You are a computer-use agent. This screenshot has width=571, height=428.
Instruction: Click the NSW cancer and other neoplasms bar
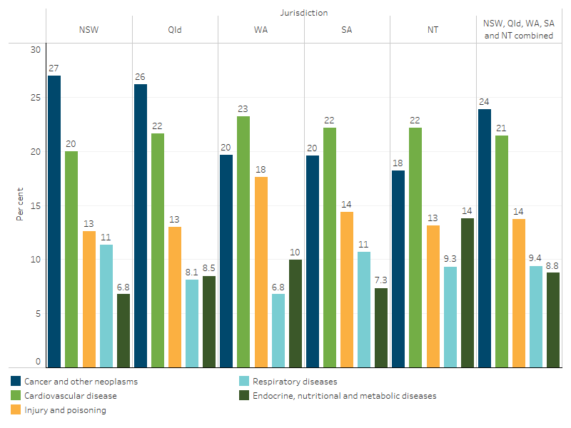coord(54,221)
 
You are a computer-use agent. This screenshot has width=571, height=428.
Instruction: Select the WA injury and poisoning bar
coord(261,272)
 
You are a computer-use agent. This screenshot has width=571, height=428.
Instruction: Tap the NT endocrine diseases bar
coord(467,292)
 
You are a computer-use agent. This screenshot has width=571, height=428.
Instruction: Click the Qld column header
coord(175,30)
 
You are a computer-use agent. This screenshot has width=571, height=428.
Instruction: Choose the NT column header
coord(433,30)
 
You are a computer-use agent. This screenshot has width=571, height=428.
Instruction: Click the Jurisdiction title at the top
coord(304,12)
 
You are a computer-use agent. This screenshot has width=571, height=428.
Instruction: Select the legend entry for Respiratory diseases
coord(292,382)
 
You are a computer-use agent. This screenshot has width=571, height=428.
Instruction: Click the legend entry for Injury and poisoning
coord(64,410)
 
